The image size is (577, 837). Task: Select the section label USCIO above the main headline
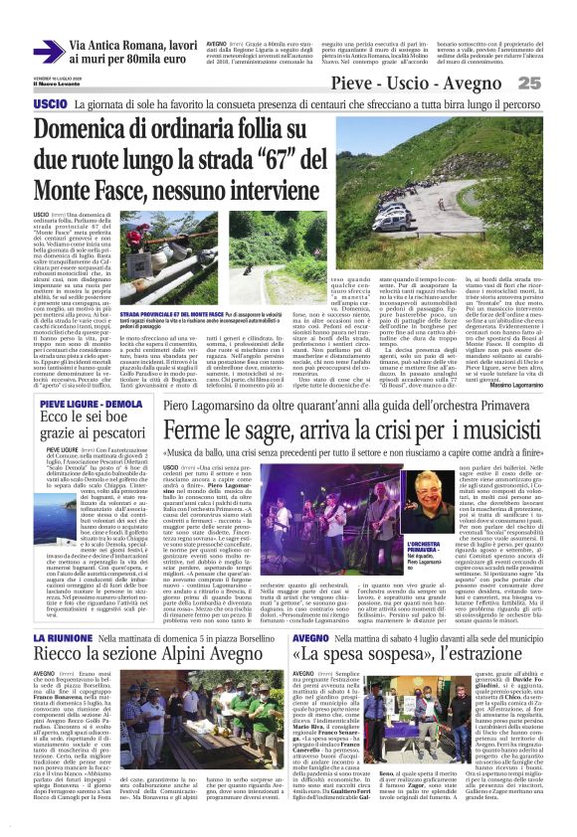pyautogui.click(x=50, y=103)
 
